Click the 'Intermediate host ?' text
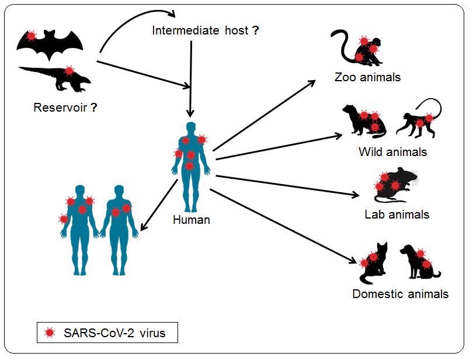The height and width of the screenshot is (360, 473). point(205,30)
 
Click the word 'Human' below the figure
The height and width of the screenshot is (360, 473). point(191,220)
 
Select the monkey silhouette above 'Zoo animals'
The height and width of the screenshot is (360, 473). point(359,49)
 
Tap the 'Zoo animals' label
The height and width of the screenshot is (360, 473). point(367,77)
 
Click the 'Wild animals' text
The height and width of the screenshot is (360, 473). point(392,152)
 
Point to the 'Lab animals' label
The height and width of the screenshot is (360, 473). point(397,214)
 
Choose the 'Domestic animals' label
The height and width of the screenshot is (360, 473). point(400,293)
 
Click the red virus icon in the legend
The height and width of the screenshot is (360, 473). point(50,333)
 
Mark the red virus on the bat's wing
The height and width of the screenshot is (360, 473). point(31,36)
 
